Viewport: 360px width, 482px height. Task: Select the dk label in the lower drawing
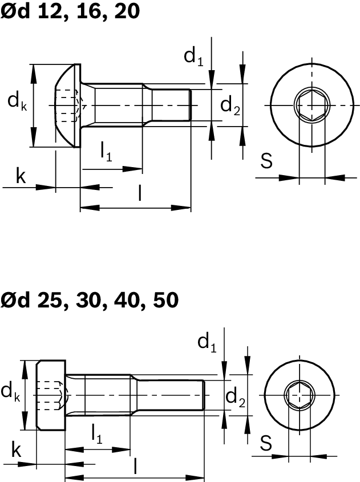pos(10,392)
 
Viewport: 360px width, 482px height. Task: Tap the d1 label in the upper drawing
pos(193,56)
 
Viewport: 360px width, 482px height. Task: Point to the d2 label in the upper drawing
pos(230,106)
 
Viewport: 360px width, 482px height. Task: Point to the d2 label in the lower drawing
pos(236,396)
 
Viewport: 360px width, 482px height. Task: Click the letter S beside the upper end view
pos(266,161)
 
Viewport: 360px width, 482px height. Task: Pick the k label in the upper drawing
pos(21,177)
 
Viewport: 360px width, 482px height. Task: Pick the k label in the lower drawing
pos(17,451)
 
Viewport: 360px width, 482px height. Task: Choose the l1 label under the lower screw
pos(97,435)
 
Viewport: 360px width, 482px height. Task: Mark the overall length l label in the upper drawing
pos(140,194)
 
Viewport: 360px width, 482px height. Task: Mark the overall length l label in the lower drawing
pos(135,466)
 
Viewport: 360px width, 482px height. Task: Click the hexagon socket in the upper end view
pos(312,106)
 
